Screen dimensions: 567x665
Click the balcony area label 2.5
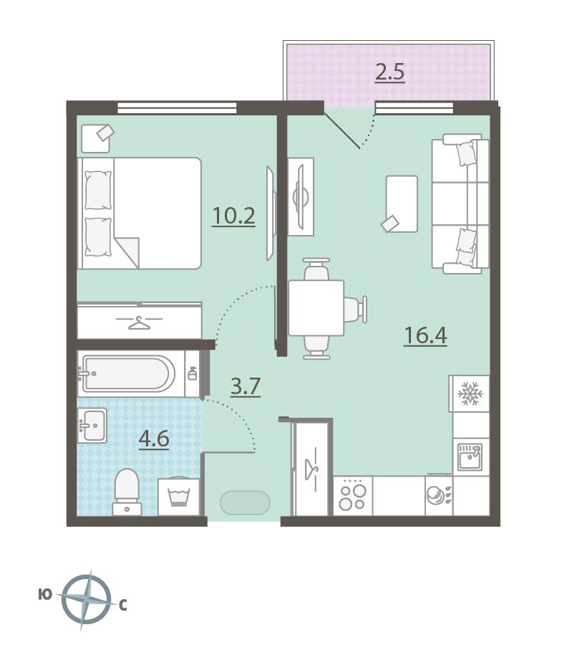pos(390,72)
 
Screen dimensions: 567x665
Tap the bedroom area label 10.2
pos(233,216)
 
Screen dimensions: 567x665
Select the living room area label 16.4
pos(425,335)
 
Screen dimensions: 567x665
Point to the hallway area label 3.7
pos(246,386)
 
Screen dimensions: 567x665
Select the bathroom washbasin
pos(92,425)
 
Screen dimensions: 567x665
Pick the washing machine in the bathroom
pos(179,496)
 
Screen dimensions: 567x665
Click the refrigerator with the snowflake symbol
pos(469,393)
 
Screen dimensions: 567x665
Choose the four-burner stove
pos(352,496)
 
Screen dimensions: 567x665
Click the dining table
pos(316,307)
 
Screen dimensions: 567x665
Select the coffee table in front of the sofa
pos(402,204)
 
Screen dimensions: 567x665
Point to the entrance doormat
pos(245,503)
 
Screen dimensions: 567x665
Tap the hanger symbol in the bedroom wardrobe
pos(140,322)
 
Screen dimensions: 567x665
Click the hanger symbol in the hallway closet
pos(311,469)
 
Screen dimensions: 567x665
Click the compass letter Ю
pos(45,595)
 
